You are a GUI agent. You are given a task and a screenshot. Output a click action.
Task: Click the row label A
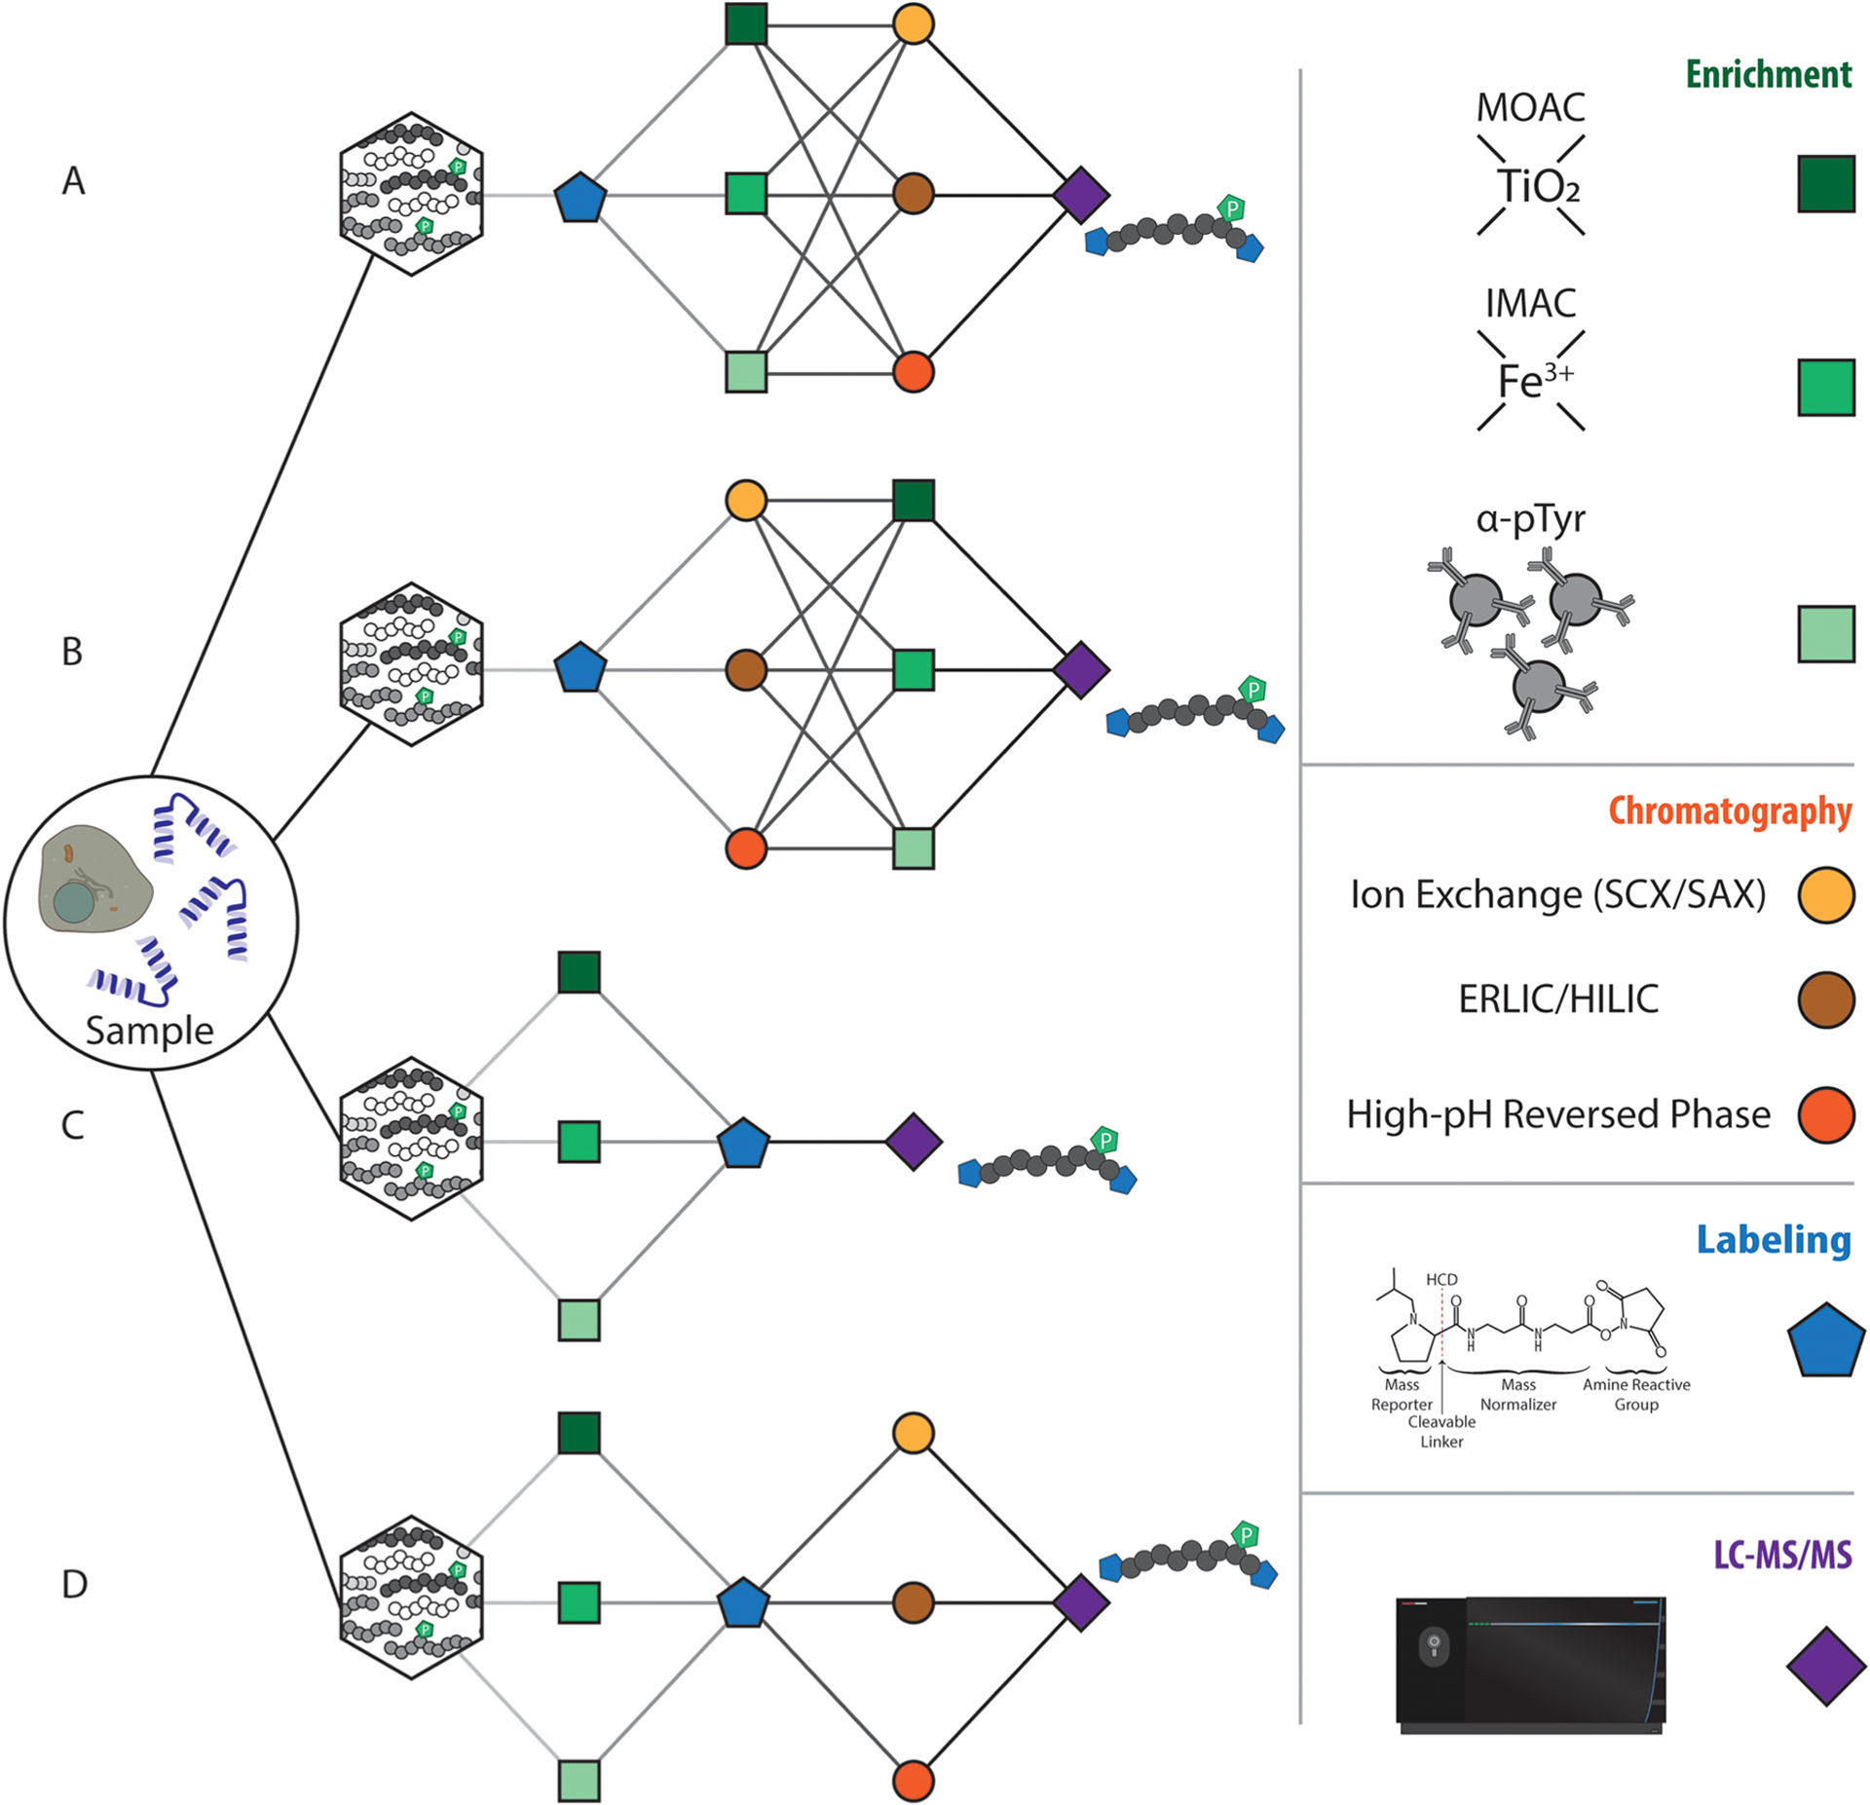click(74, 181)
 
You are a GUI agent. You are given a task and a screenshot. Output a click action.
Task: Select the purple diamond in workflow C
click(914, 1142)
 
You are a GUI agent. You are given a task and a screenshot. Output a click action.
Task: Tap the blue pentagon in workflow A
click(580, 197)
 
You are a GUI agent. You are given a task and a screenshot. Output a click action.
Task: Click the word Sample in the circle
click(149, 1031)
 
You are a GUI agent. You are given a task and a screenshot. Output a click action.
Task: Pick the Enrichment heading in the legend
click(1768, 75)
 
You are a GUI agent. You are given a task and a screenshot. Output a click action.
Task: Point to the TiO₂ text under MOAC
click(1537, 186)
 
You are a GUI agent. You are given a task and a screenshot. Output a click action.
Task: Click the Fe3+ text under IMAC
click(1534, 381)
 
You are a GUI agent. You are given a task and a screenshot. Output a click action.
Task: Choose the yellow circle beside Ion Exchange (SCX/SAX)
click(1825, 895)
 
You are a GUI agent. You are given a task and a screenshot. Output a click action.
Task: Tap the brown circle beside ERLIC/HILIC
click(1825, 999)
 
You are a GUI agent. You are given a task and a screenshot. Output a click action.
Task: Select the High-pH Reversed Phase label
click(1558, 1114)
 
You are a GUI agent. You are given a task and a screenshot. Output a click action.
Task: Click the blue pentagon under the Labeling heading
click(1826, 1340)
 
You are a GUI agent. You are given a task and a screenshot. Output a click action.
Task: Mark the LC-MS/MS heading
click(1782, 1555)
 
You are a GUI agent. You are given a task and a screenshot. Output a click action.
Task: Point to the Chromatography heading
click(1730, 811)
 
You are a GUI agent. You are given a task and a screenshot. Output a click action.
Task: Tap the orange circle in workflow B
click(746, 848)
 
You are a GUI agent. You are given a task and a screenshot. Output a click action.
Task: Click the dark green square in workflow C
click(580, 972)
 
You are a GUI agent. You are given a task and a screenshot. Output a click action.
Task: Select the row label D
click(75, 1585)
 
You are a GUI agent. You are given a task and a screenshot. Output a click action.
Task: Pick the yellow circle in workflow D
click(914, 1434)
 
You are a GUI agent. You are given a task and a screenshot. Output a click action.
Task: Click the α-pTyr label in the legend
click(1530, 519)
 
